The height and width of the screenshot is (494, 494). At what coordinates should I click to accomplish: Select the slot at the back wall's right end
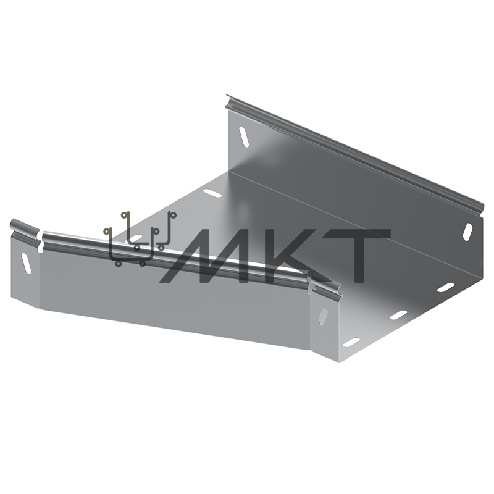pos(468,232)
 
